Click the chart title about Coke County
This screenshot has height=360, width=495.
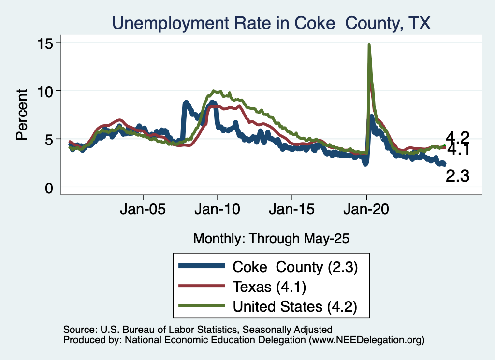coord(271,23)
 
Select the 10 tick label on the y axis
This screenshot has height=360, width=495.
coord(47,91)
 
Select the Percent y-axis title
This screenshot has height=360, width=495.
coord(22,115)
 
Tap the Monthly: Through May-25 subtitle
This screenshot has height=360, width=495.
coord(271,238)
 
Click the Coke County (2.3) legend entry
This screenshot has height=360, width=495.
coord(295,267)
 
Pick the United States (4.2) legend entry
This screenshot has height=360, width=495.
coord(295,306)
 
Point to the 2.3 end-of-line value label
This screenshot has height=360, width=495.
coord(457,176)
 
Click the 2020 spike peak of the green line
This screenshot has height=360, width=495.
coord(369,45)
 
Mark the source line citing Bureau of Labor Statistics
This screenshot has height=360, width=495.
coord(198,330)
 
